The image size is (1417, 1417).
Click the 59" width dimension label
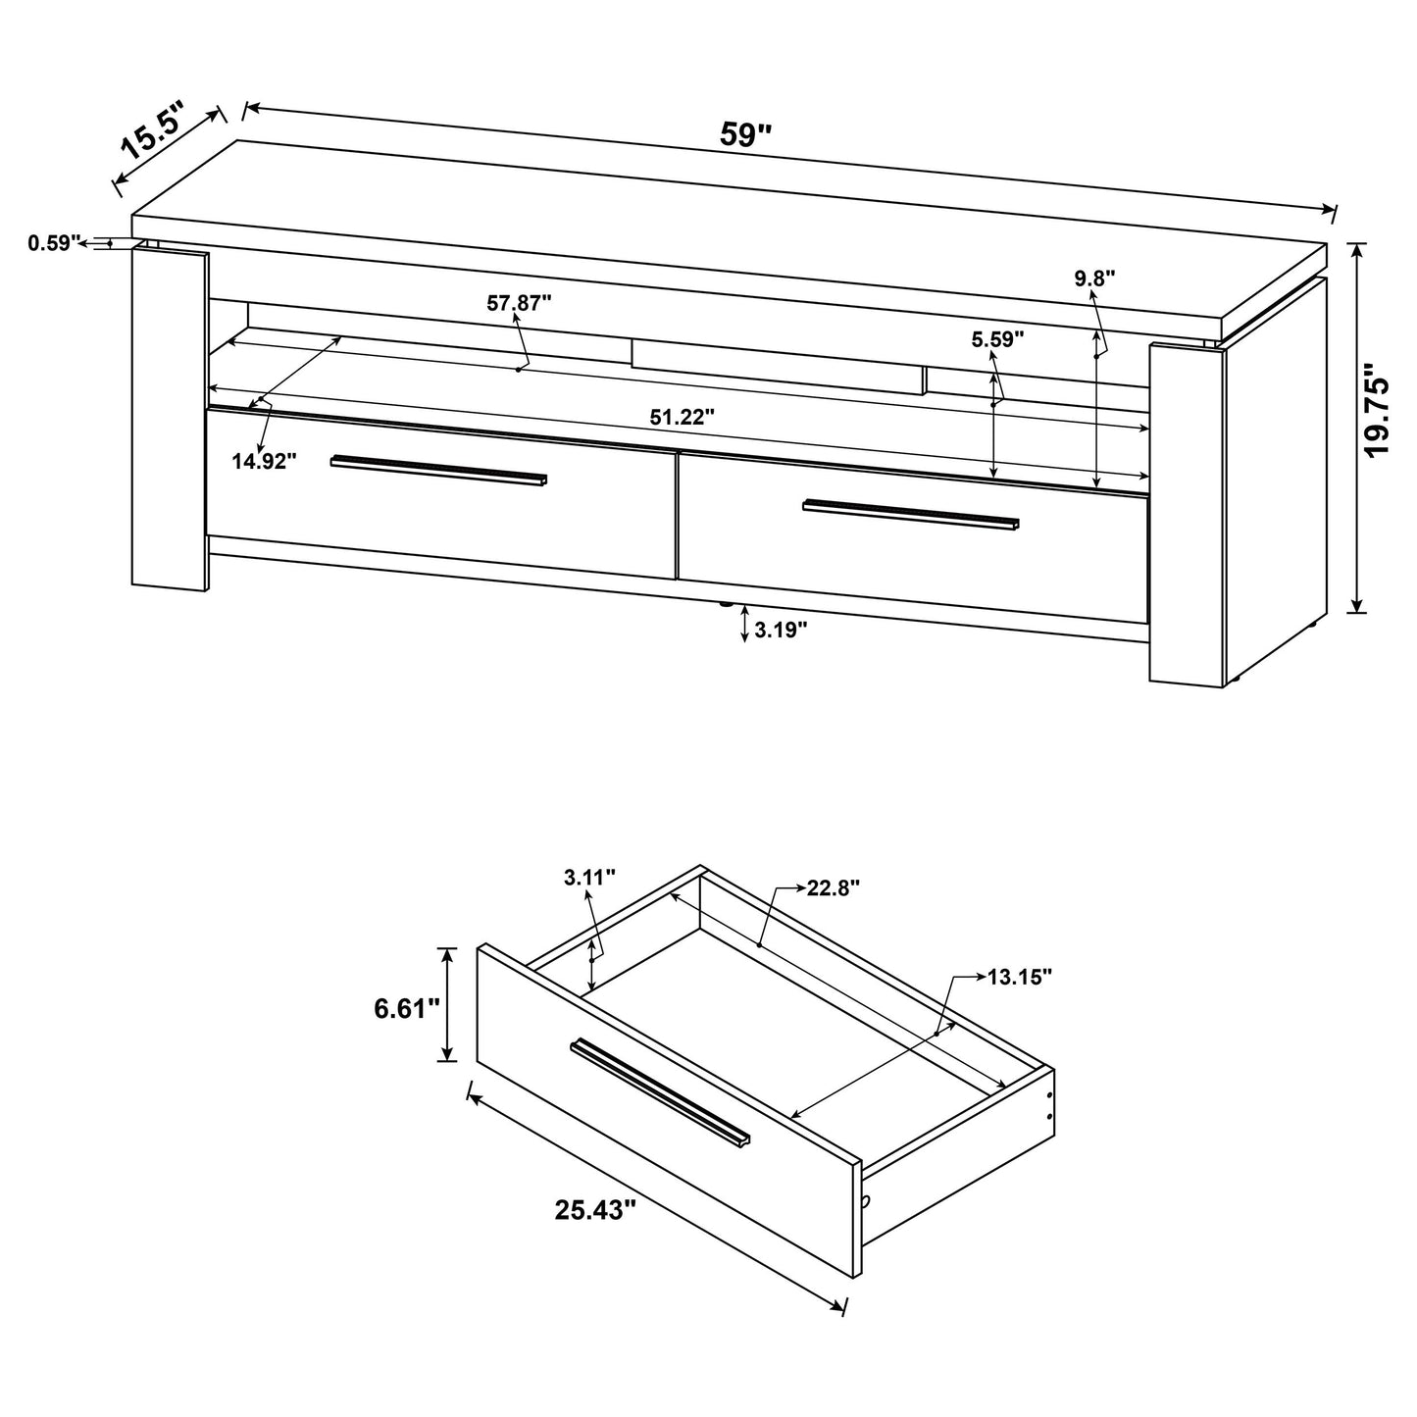pos(746,134)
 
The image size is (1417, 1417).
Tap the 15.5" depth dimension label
pos(153,133)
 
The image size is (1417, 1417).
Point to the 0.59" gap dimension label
pos(52,243)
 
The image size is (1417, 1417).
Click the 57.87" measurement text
pos(519,303)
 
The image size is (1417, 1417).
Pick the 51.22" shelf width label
pos(682,416)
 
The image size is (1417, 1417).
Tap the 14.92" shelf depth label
pos(264,461)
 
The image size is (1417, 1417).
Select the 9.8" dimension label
pos(1094,278)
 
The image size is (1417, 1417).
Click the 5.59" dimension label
pos(997,339)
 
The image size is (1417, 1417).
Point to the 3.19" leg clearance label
pos(781,630)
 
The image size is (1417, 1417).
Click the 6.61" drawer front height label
pos(405,1008)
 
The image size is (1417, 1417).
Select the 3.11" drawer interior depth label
pos(589,877)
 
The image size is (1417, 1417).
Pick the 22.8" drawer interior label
pos(833,888)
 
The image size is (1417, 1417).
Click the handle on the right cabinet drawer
pos(911,514)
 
